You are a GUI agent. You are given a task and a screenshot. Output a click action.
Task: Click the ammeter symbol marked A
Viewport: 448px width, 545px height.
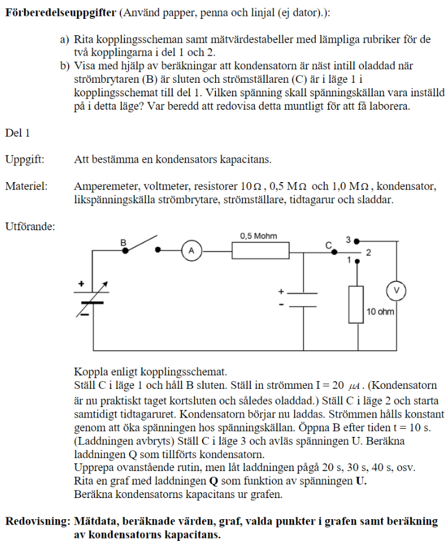pyautogui.click(x=191, y=251)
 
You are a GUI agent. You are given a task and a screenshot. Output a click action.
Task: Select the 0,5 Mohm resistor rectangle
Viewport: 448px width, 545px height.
pyautogui.click(x=260, y=251)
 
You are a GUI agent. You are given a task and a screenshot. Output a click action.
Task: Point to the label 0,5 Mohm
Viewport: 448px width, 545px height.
pyautogui.click(x=258, y=236)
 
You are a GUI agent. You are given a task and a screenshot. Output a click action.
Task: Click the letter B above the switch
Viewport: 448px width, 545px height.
pyautogui.click(x=123, y=242)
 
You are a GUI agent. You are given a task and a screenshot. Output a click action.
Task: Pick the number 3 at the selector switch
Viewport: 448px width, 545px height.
pyautogui.click(x=348, y=240)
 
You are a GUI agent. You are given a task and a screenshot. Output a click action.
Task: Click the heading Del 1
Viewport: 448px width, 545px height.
pyautogui.click(x=17, y=133)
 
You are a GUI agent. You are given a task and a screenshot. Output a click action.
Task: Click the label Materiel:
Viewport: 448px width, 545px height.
pyautogui.click(x=26, y=186)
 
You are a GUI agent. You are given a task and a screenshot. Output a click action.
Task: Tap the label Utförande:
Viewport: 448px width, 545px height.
pyautogui.click(x=30, y=226)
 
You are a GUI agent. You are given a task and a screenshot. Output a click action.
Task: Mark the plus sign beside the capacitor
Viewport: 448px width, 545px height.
pyautogui.click(x=281, y=291)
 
